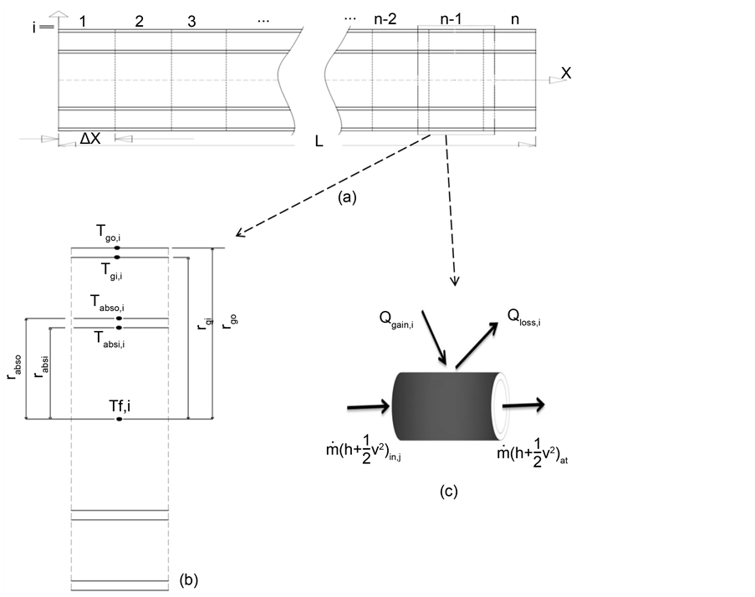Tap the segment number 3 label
coord(191,22)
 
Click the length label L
coord(319,141)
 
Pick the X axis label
coord(566,74)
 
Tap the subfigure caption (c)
coord(448,492)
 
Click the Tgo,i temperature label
coord(118,237)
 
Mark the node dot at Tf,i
coord(119,418)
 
